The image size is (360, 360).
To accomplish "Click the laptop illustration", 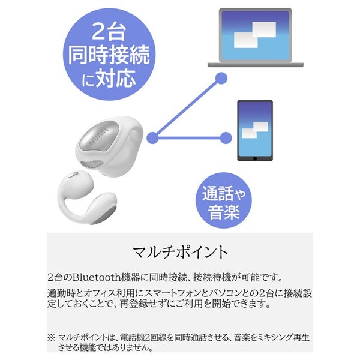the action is (256, 38).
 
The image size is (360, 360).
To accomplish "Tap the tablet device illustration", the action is (255, 130).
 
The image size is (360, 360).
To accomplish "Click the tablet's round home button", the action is (255, 158).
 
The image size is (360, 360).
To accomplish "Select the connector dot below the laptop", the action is (221, 78).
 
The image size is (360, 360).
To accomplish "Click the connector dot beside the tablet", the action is (226, 138).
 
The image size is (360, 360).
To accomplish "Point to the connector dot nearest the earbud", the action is (152, 138).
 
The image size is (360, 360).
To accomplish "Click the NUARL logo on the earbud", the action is (99, 137).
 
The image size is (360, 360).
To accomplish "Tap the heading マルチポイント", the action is (180, 252).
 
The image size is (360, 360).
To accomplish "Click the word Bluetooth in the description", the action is (97, 277).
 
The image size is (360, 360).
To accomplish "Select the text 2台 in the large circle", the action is (109, 32).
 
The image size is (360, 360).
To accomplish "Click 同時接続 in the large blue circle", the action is (109, 55).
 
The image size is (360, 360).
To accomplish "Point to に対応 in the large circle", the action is (109, 78).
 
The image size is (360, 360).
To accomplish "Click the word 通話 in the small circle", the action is (218, 193).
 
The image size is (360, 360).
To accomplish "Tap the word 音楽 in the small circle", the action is (224, 212).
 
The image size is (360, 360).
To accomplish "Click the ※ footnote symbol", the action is (51, 337).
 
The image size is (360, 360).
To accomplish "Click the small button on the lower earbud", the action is (73, 174).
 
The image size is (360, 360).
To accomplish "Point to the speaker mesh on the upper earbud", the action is (92, 164).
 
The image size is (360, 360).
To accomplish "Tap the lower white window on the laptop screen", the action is (245, 40).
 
